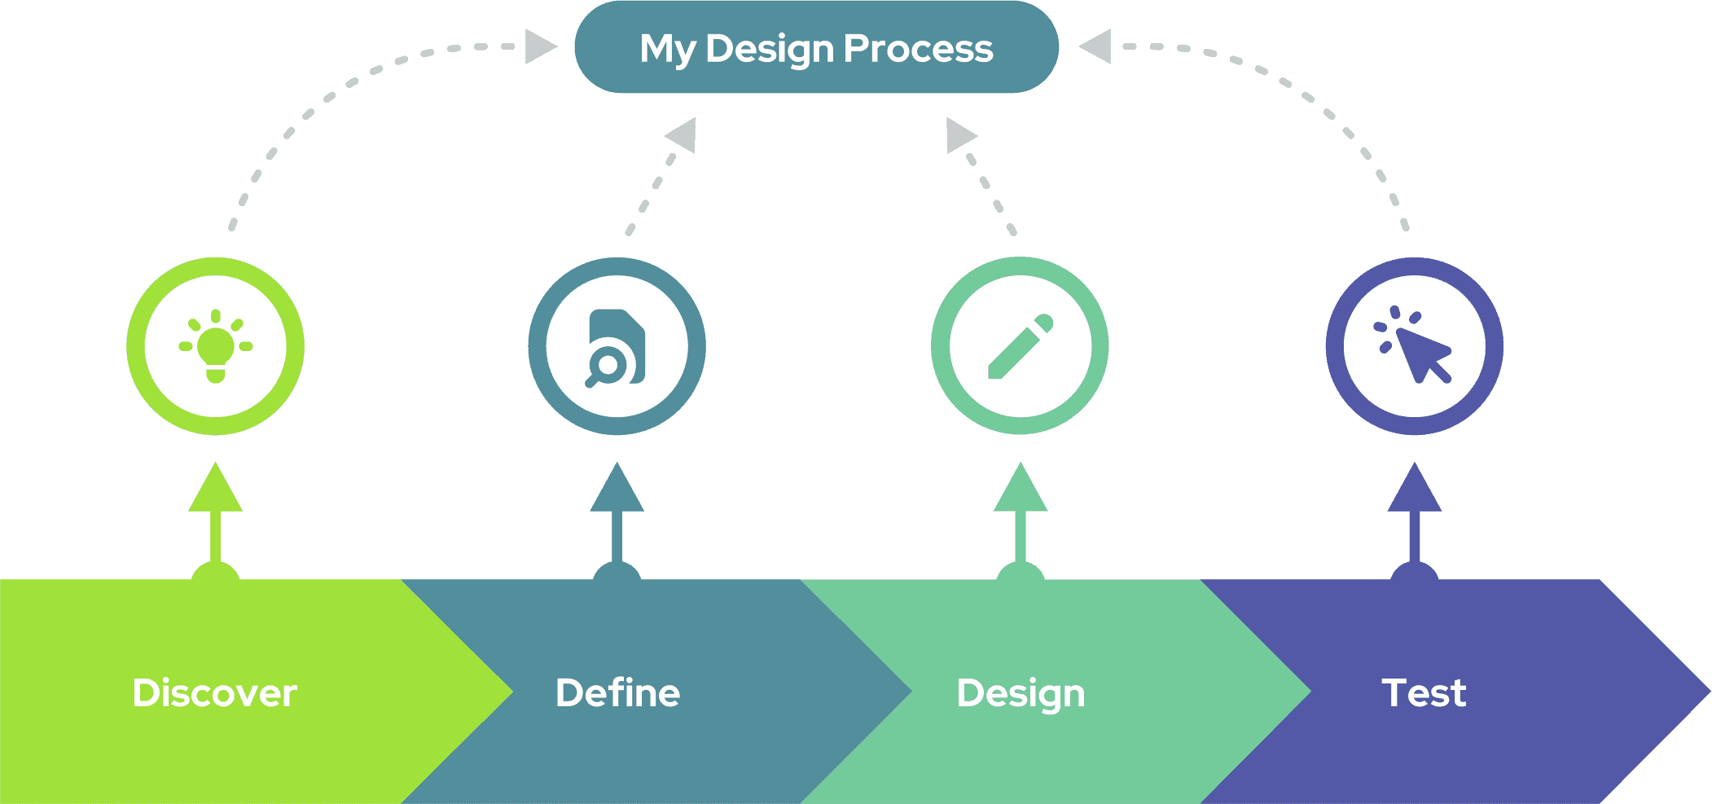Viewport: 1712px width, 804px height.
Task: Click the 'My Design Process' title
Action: [x=816, y=48]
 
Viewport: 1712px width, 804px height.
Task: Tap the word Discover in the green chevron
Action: [x=214, y=693]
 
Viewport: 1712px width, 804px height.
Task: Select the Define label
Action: [x=617, y=693]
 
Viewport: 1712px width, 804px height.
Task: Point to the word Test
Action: [x=1424, y=693]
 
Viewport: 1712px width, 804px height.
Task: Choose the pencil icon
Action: [x=1020, y=346]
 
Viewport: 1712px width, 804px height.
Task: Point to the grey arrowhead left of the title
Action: [x=538, y=46]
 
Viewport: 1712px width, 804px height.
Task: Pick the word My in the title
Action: [x=667, y=49]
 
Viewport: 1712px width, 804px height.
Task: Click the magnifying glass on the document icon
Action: [x=604, y=367]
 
